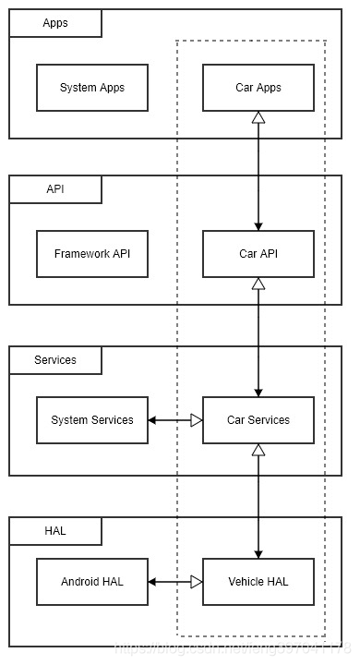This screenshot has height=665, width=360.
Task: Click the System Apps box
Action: coord(91,88)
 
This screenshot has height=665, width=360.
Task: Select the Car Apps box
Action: coord(258,88)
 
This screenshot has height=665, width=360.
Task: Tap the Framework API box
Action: coord(91,254)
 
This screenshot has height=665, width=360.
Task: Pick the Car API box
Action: coord(258,254)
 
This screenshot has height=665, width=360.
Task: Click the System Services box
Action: coord(91,420)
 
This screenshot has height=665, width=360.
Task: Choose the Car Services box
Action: coord(258,420)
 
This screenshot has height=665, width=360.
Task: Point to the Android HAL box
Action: coord(91,582)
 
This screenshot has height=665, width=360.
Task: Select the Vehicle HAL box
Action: coord(258,582)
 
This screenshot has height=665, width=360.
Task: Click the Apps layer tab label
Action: coord(55,23)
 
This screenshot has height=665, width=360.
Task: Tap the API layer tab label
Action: coord(55,189)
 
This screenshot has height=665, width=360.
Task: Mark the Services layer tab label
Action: coord(55,359)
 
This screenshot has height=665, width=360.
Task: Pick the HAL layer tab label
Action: coord(55,531)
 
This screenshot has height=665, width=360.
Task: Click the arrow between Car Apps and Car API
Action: coord(258,175)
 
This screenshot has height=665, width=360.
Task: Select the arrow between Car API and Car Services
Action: coord(258,342)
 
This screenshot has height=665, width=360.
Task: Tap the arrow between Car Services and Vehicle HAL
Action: coord(258,503)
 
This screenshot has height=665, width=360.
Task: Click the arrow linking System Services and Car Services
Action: coord(175,420)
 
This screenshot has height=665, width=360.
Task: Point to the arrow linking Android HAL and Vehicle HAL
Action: coord(175,582)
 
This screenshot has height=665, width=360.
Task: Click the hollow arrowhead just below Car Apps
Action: coord(258,118)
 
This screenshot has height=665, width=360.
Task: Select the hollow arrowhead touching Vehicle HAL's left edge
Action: coord(196,582)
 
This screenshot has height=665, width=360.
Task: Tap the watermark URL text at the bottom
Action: coord(231,652)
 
